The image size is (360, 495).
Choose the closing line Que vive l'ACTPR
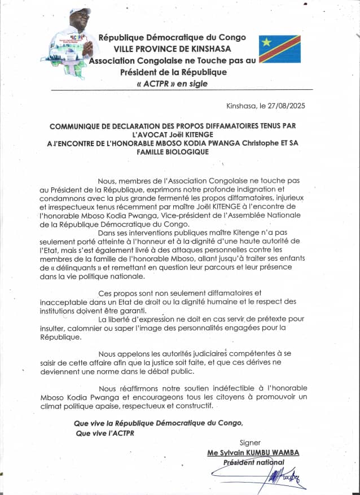click(106, 433)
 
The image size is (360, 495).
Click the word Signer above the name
click(251, 443)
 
